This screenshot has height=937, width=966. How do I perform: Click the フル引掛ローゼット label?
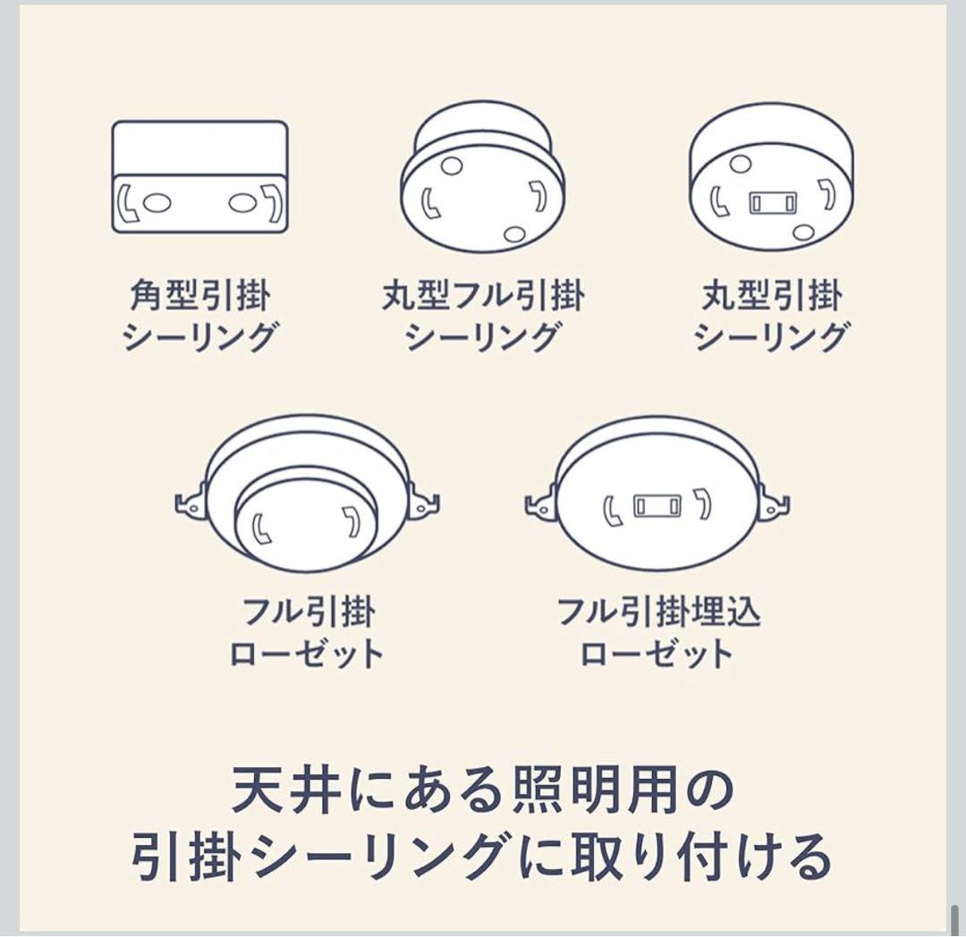pyautogui.click(x=308, y=633)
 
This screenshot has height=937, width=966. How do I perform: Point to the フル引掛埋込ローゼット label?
pyautogui.click(x=658, y=633)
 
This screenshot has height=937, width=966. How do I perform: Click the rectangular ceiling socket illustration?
pyautogui.click(x=199, y=177)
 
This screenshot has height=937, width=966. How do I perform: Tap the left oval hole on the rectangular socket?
pyautogui.click(x=157, y=203)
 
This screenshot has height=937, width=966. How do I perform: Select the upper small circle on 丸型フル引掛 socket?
pyautogui.click(x=452, y=165)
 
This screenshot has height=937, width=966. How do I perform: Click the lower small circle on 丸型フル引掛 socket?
pyautogui.click(x=513, y=234)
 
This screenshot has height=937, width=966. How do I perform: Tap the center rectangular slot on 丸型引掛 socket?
pyautogui.click(x=770, y=201)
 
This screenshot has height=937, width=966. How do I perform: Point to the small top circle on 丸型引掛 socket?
pyautogui.click(x=740, y=164)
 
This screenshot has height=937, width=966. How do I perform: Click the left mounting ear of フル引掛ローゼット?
pyautogui.click(x=191, y=503)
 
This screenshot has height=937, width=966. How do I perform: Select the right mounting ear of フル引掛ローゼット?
pyautogui.click(x=423, y=503)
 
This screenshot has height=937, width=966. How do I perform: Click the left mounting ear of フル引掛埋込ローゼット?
pyautogui.click(x=540, y=504)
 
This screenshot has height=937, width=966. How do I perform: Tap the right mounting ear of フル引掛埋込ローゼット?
pyautogui.click(x=774, y=504)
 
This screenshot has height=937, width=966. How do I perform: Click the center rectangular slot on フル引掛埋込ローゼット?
pyautogui.click(x=657, y=507)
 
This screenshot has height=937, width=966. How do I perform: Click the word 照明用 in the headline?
pyautogui.click(x=588, y=789)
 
